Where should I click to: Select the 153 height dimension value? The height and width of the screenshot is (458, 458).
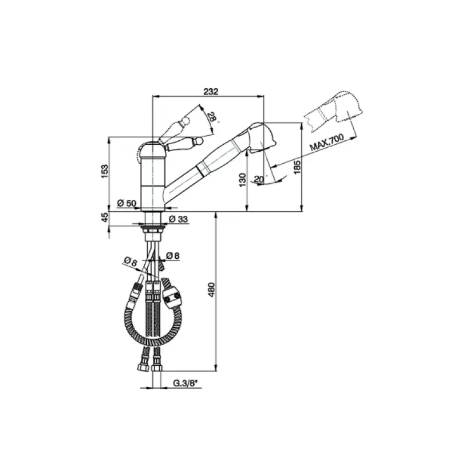[104, 171]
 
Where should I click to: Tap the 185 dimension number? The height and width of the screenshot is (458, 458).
[295, 168]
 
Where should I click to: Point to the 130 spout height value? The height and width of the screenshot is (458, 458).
[243, 180]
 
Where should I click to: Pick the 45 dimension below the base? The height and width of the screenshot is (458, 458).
[104, 218]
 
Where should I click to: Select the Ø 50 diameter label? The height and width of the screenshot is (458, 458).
[125, 203]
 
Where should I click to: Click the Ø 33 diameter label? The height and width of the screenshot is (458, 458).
[179, 219]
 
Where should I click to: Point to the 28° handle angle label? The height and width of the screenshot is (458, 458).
[212, 118]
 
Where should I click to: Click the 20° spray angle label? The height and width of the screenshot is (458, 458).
[258, 179]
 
